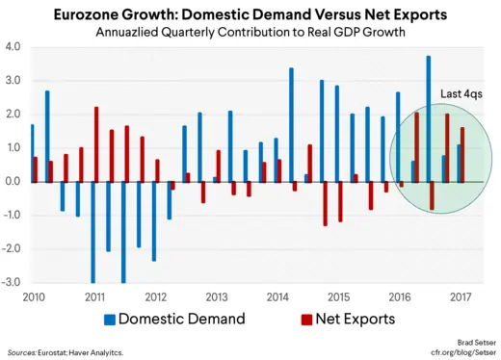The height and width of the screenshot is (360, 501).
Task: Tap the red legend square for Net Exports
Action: (x=307, y=319)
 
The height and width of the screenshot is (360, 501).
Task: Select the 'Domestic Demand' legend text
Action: (x=181, y=319)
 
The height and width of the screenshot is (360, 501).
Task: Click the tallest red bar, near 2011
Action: (x=96, y=144)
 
